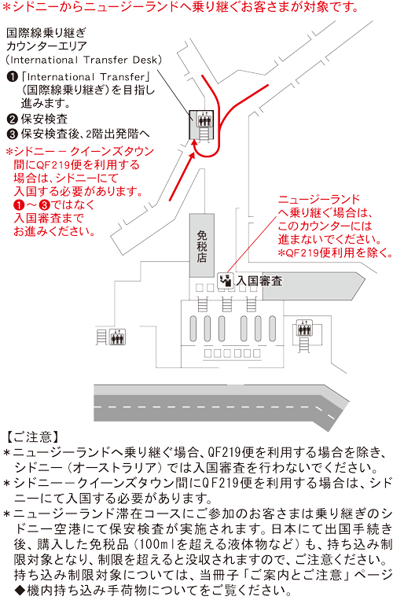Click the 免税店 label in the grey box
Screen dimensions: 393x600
(202, 246)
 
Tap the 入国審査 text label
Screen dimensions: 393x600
(259, 281)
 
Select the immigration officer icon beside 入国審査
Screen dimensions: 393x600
(226, 281)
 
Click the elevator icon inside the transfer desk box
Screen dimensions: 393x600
(204, 120)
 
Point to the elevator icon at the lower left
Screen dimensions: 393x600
(117, 337)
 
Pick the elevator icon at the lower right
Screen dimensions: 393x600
(304, 328)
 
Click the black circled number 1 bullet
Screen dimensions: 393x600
(13, 77)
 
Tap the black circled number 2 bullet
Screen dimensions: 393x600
(13, 119)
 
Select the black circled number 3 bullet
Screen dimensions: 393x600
(13, 134)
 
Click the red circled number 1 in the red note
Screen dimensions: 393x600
(19, 205)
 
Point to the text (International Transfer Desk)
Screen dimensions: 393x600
(84, 60)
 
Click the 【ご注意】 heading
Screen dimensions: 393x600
(33, 437)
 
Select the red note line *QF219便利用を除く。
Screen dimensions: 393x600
(336, 253)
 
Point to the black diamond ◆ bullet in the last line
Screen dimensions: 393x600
(20, 590)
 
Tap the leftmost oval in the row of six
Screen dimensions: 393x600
(193, 329)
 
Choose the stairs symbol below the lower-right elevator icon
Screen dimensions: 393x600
(304, 344)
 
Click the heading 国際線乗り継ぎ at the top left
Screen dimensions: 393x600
(46, 33)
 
